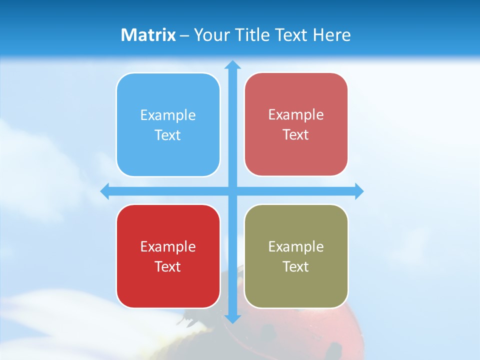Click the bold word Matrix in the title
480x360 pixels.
coord(148,35)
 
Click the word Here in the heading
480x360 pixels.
coord(331,35)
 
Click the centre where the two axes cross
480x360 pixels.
coord(232,191)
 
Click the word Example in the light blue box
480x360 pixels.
coord(168,115)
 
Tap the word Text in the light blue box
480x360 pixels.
coord(168,135)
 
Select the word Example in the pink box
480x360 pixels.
coord(296,115)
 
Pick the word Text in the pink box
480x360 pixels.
coord(296,135)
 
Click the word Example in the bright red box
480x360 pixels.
coord(168,246)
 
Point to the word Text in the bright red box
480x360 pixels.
coord(168,266)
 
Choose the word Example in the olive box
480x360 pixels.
coord(296,246)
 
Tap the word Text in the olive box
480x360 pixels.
coord(296,266)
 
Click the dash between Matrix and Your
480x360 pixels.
coord(184,35)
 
